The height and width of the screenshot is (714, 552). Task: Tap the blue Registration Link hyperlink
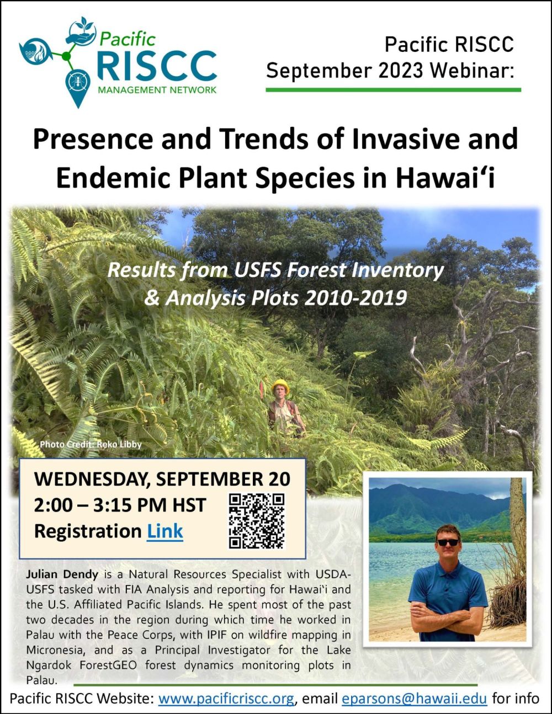tap(165, 531)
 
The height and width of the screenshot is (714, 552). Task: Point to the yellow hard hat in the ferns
tap(280, 386)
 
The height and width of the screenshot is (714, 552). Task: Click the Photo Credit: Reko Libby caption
tap(91, 445)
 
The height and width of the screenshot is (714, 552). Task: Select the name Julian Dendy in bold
tap(62, 574)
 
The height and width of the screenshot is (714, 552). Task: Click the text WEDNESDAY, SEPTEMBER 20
tap(162, 479)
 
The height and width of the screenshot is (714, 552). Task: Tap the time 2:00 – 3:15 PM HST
tap(120, 505)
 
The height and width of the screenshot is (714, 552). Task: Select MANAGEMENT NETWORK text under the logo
tap(157, 90)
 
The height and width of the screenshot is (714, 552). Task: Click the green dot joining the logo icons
tap(66, 56)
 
